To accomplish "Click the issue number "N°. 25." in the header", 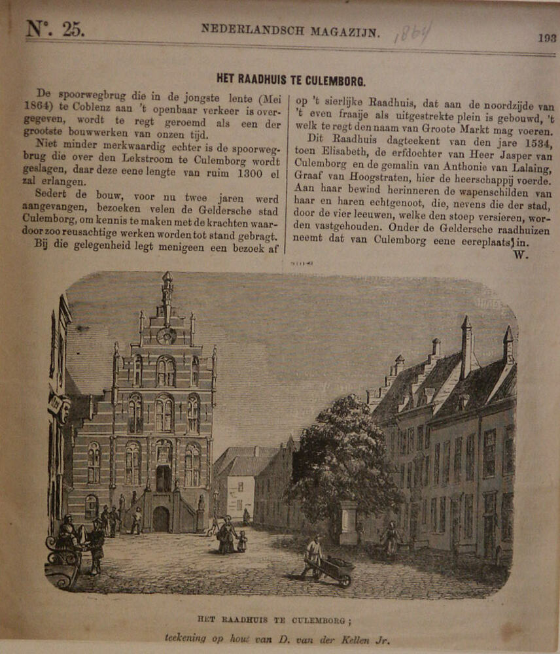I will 55,29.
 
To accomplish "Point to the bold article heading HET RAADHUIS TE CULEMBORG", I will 290,82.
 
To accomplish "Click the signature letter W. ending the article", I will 521,255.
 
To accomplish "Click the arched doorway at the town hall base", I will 160,519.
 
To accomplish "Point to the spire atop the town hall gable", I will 167,288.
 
